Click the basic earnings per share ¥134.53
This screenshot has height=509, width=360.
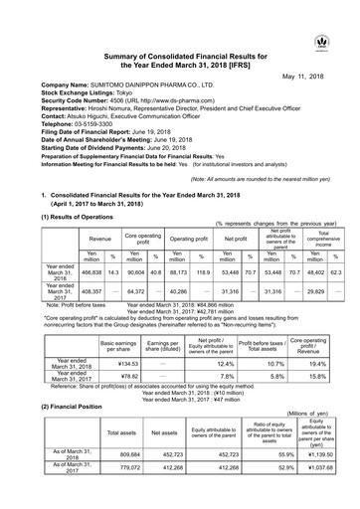pyautogui.click(x=118, y=363)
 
